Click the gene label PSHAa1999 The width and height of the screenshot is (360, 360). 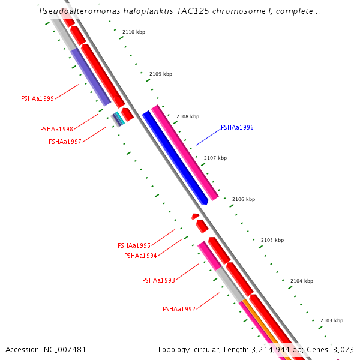pyautogui.click(x=37, y=98)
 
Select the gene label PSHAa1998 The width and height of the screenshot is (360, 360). pyautogui.click(x=56, y=129)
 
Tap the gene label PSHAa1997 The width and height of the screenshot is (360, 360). pyautogui.click(x=65, y=142)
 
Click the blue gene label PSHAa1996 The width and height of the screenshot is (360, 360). pyautogui.click(x=237, y=127)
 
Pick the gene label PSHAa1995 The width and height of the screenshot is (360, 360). pyautogui.click(x=134, y=245)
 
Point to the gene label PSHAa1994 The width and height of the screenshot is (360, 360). pyautogui.click(x=140, y=256)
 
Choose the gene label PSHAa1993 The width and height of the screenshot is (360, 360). pyautogui.click(x=158, y=280)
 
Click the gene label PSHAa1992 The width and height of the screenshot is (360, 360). pyautogui.click(x=179, y=309)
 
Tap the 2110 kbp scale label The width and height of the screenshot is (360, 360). pyautogui.click(x=133, y=32)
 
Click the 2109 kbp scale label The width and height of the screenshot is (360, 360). pyautogui.click(x=160, y=74)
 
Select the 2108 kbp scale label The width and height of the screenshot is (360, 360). pyautogui.click(x=187, y=116)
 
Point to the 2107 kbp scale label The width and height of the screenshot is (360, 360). pyautogui.click(x=215, y=158)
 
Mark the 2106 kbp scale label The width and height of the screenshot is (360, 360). pyautogui.click(x=243, y=199)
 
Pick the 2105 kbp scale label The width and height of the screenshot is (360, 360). pyautogui.click(x=272, y=240)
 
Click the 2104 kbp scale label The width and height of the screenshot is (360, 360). pyautogui.click(x=301, y=281)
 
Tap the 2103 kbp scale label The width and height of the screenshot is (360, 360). pyautogui.click(x=331, y=320)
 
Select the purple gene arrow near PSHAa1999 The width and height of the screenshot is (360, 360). pyautogui.click(x=90, y=77)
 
